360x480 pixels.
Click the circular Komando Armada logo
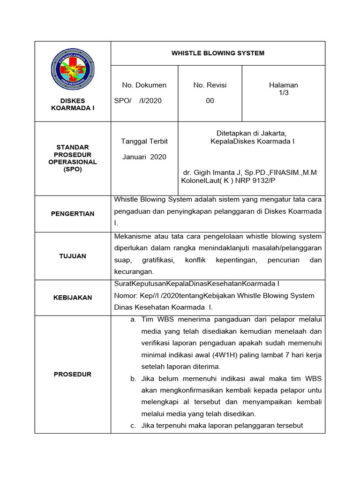coord(73,72)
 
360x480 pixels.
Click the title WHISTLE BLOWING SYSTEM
coord(218,53)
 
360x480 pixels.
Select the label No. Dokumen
coord(144,85)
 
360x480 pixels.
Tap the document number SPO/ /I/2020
coord(138,101)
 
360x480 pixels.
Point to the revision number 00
coord(210,101)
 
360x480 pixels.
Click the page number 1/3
coord(283,93)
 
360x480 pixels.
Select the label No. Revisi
coord(210,85)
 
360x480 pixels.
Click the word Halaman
coord(283,85)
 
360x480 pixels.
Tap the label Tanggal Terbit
coord(144,141)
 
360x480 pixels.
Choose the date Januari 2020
coord(144,157)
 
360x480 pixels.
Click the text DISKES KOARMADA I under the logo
coord(73,104)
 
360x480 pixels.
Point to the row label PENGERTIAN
coord(73,214)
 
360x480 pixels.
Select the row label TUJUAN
coord(73,256)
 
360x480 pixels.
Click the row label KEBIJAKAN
coord(73,298)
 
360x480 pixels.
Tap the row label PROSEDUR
coord(73,374)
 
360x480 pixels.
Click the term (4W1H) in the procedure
coord(226,354)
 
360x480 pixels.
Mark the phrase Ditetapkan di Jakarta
coord(251,133)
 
